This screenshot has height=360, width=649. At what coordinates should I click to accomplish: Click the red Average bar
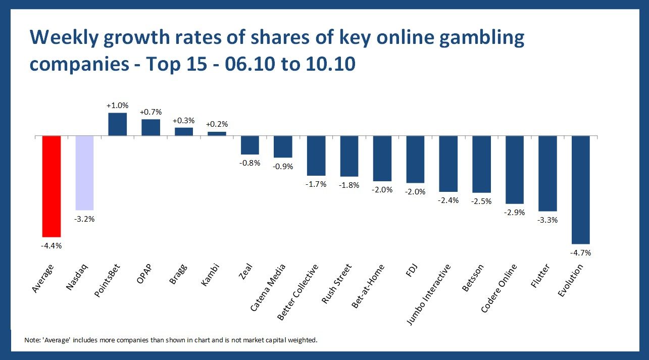52,186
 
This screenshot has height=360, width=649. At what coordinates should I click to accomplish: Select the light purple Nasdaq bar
84,173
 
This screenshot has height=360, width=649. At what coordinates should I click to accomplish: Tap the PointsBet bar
118,124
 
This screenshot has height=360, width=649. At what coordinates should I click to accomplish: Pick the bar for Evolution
581,190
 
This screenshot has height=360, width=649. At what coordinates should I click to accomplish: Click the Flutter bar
547,173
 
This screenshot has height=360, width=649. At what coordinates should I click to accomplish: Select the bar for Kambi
217,134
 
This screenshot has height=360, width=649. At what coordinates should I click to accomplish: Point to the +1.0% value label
118,106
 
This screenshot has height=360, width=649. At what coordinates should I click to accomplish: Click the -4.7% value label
581,252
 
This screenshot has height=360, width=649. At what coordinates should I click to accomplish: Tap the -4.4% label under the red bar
52,245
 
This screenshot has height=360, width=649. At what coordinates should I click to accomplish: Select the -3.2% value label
84,219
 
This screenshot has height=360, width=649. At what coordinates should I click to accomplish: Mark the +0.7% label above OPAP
151,112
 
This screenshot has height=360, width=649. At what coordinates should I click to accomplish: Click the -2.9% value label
515,212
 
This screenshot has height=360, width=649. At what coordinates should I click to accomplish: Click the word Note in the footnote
31,340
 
